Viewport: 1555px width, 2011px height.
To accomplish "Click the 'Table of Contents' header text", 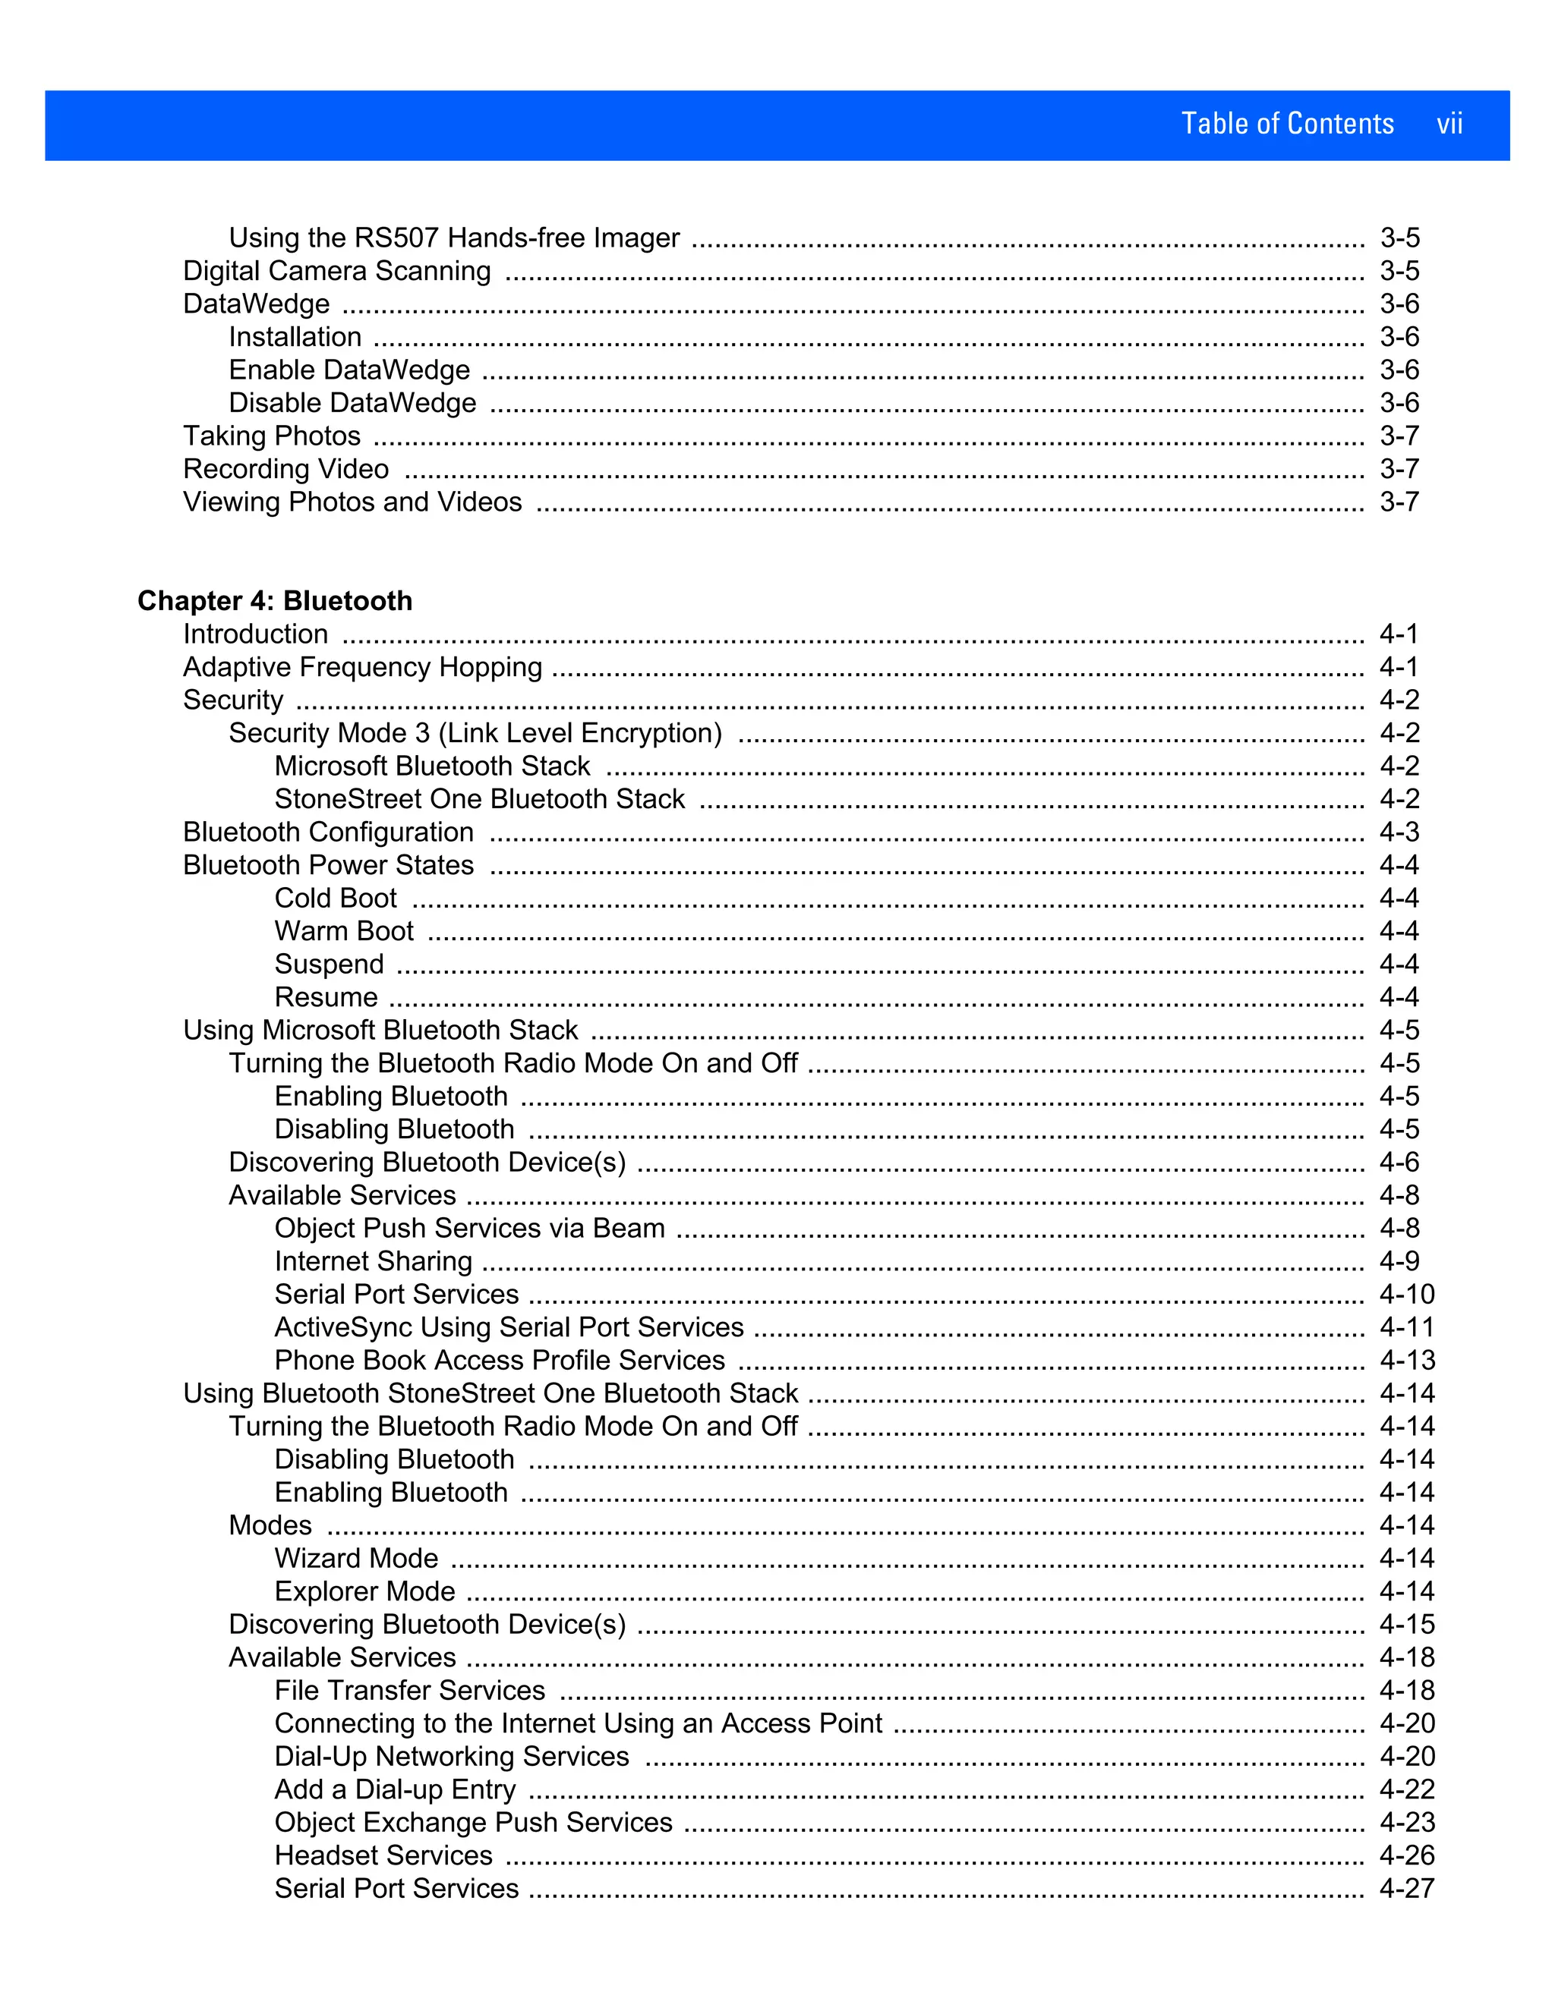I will pos(1287,124).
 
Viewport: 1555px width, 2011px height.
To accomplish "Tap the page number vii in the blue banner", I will pos(1449,124).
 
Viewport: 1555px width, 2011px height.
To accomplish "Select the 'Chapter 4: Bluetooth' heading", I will pos(275,600).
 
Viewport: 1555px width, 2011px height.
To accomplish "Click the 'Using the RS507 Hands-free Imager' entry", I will pos(454,238).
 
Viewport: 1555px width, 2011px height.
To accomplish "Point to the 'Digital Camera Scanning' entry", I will pos(337,271).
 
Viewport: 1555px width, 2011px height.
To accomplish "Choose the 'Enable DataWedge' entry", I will pos(349,370).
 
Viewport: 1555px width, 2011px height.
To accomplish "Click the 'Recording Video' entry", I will pos(285,469).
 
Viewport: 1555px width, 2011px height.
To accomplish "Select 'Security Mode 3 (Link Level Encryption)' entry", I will pos(475,733).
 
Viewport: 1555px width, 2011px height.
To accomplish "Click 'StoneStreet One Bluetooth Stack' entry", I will pos(479,799).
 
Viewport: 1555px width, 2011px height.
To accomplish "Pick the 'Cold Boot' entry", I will pos(336,898).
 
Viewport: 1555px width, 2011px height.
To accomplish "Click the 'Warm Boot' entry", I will pos(344,931).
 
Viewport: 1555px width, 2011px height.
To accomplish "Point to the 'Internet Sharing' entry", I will pos(373,1260).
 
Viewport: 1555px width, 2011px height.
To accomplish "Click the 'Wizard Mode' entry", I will pos(355,1558).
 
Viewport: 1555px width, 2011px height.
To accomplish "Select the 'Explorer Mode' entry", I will pos(364,1591).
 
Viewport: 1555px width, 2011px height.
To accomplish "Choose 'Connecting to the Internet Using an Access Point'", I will pos(578,1723).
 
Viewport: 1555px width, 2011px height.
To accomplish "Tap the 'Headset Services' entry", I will pos(383,1855).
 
